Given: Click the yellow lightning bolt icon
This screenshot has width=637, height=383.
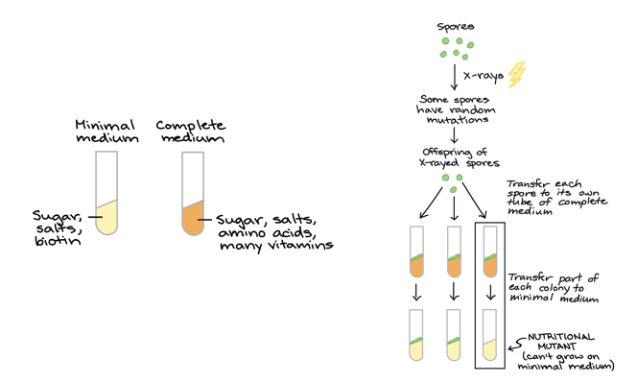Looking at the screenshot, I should (x=517, y=75).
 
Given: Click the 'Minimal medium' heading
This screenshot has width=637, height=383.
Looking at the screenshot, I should (x=106, y=132).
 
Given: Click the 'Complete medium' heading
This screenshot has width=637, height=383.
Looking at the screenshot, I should (x=192, y=132).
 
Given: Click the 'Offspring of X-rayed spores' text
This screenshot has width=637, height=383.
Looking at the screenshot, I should (x=454, y=157).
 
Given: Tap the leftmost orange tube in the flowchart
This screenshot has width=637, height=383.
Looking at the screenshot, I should (x=415, y=252).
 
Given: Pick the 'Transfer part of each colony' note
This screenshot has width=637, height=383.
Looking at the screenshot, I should (x=553, y=287).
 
